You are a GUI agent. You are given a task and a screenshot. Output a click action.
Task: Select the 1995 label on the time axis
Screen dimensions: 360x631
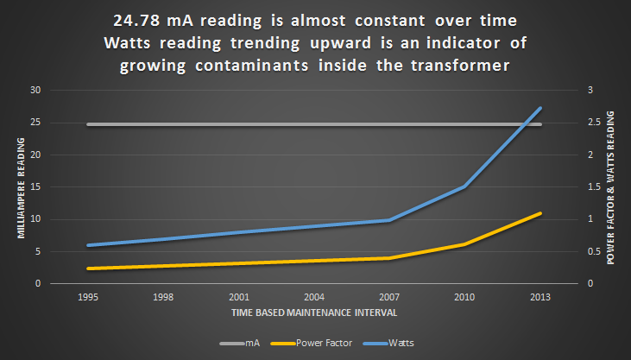click(88, 295)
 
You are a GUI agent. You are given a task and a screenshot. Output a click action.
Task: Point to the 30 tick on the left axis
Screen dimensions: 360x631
click(35, 91)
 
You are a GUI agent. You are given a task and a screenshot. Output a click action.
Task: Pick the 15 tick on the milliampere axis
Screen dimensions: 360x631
click(35, 187)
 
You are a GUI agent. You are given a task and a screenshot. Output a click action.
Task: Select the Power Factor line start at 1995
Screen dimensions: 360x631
click(88, 268)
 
